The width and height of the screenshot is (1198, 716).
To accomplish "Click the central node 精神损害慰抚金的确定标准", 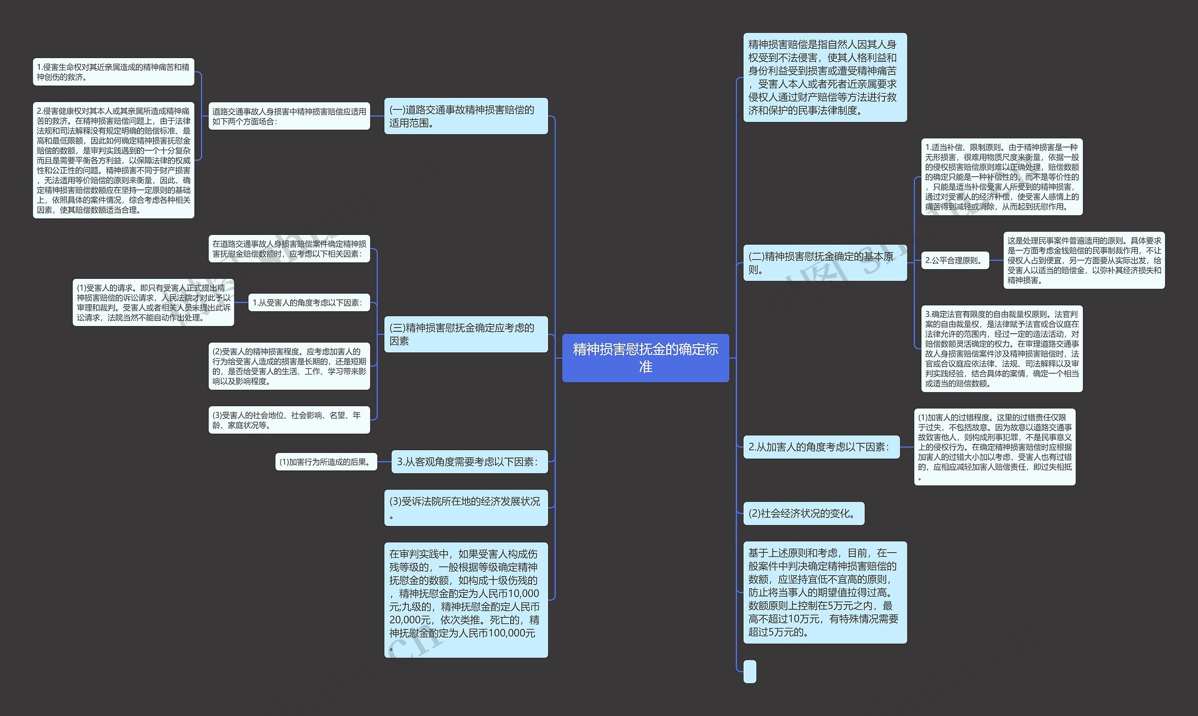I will [x=645, y=358].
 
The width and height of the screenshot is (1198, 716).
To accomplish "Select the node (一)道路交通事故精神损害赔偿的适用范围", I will [x=466, y=116].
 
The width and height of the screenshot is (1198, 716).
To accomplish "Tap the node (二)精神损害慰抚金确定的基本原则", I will [x=825, y=263].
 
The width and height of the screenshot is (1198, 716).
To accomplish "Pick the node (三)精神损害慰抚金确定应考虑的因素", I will [x=466, y=334].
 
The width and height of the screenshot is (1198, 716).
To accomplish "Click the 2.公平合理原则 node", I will [x=954, y=261].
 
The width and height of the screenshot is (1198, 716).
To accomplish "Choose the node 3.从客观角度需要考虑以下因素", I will [x=469, y=462].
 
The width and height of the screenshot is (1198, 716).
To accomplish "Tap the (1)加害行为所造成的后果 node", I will [x=326, y=462].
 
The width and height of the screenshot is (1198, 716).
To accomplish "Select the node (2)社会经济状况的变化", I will [x=804, y=513].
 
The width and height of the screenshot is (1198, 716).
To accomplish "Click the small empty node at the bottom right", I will [x=749, y=671].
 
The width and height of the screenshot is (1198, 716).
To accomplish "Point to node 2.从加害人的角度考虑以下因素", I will [x=821, y=447].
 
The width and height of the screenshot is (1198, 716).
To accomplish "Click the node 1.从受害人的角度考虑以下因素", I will [x=309, y=302].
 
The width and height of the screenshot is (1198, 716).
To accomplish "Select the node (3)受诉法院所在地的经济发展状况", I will [x=466, y=508].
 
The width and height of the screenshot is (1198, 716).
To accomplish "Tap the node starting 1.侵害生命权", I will [x=113, y=72].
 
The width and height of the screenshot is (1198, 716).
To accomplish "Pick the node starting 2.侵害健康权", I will [x=113, y=160].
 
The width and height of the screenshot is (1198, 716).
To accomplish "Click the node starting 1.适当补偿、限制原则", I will [x=1001, y=176].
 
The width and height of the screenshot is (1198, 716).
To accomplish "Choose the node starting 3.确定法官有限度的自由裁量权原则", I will [x=1001, y=348].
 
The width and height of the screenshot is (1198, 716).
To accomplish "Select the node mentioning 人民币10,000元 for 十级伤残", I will [x=466, y=600].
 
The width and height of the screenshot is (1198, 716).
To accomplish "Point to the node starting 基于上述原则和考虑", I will [x=825, y=592].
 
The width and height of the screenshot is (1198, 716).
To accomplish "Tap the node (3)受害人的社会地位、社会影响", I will [x=289, y=420].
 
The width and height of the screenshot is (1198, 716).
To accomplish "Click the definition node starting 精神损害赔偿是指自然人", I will [x=825, y=77].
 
